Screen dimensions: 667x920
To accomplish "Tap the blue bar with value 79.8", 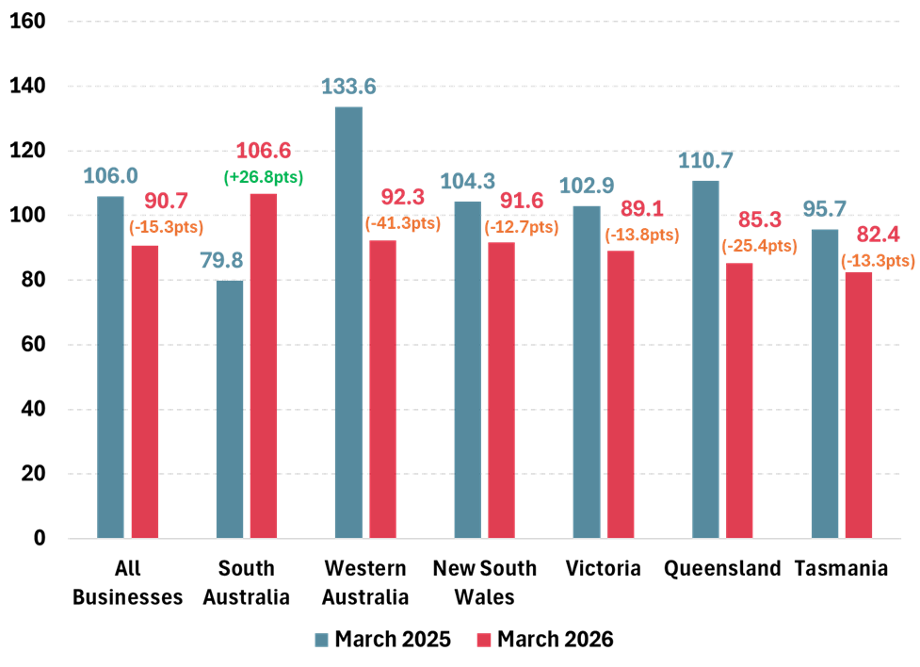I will tap(230, 409).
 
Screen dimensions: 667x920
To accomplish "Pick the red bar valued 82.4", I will tap(859, 405).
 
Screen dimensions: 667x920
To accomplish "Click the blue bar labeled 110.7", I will tap(705, 359).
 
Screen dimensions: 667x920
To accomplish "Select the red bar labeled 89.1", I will tap(621, 395).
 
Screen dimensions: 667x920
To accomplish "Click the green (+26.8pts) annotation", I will tap(264, 176).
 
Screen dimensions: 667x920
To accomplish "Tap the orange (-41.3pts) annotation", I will tap(402, 223).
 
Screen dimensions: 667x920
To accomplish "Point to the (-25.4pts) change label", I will tap(759, 246).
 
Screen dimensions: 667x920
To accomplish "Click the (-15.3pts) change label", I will tap(166, 226).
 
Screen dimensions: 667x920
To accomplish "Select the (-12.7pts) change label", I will tap(521, 226).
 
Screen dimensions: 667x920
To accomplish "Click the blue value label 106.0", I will tap(110, 176).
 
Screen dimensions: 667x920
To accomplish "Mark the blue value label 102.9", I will tap(587, 186).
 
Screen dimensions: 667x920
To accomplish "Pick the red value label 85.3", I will tap(760, 220).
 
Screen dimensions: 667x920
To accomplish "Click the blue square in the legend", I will tap(322, 641).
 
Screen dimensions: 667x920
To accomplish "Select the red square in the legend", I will tap(484, 641).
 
